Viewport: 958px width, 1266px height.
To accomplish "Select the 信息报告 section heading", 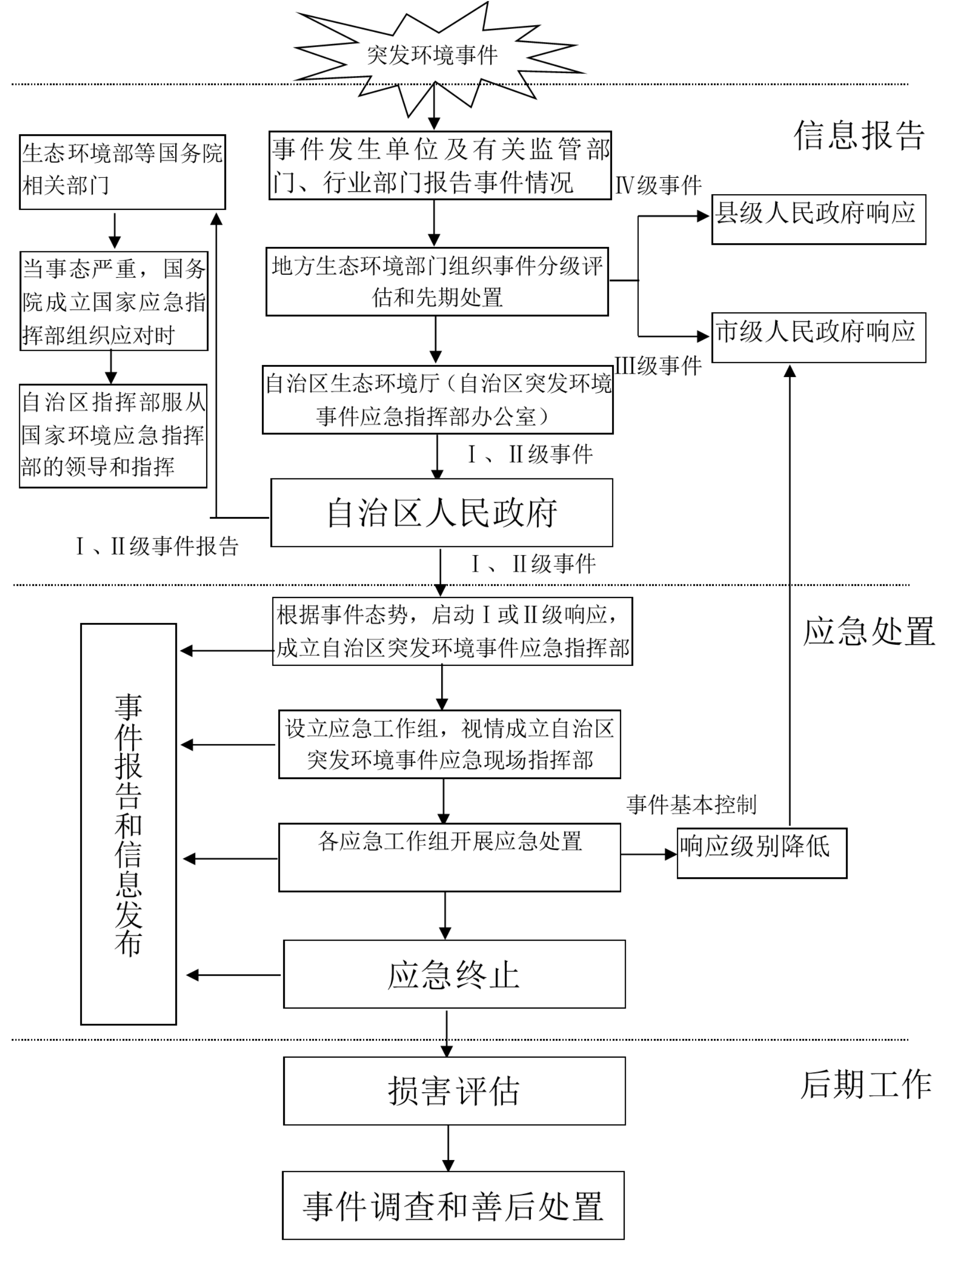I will coord(858,136).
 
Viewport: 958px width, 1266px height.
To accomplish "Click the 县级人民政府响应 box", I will coord(818,219).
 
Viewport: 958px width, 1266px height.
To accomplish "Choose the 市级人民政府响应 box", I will coord(818,337).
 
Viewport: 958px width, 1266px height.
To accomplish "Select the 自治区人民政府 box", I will coord(441,513).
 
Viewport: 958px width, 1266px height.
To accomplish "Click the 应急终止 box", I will coord(454,975).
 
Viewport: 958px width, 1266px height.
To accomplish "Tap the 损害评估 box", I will coord(454,1091).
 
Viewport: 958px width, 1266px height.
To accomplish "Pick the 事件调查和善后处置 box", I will coord(453,1206).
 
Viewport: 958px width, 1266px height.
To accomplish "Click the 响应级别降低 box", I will coord(761,853).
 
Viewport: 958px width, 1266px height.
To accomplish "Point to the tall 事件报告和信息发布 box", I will coord(128,824).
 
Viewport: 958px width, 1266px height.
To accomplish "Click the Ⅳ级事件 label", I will coord(658,185).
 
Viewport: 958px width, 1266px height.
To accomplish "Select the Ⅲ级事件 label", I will coord(658,366).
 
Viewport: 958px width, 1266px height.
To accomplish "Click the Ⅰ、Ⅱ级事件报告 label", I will coord(158,546).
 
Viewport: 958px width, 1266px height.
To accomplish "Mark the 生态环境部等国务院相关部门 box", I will coord(122,172).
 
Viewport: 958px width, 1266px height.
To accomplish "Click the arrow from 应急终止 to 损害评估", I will coord(447,1033).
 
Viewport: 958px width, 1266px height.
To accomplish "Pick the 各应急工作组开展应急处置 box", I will coord(449,858).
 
